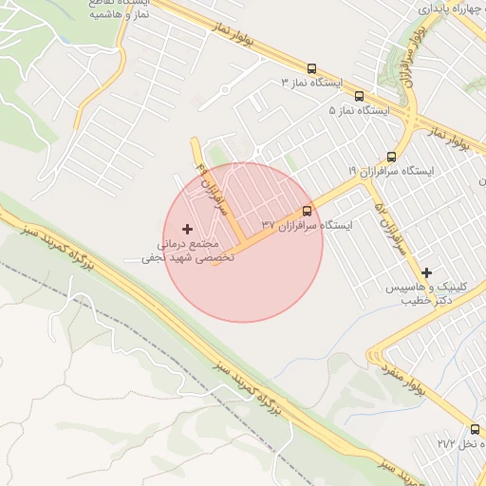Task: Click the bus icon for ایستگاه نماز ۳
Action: (x=311, y=68)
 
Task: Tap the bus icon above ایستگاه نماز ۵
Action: (x=359, y=96)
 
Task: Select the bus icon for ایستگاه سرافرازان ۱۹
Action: (x=391, y=157)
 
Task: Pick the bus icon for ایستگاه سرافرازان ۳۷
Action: (x=307, y=211)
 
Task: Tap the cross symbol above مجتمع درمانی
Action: (x=187, y=229)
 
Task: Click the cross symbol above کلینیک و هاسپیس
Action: (x=426, y=272)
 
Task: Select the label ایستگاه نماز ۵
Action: (x=359, y=111)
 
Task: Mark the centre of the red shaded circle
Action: (x=243, y=242)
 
